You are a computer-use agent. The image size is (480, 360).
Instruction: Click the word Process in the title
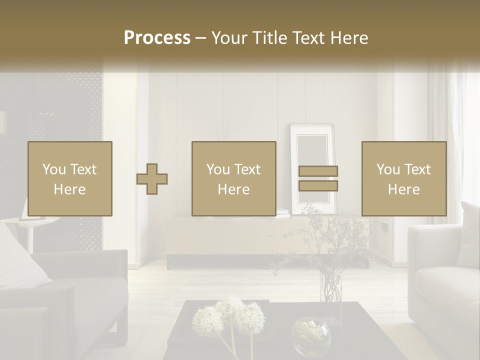[157, 38]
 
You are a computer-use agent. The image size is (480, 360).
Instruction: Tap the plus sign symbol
[152, 179]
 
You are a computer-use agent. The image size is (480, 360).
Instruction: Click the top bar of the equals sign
[318, 171]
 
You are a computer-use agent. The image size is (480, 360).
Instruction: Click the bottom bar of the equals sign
[318, 186]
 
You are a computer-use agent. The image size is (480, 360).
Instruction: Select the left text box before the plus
[69, 179]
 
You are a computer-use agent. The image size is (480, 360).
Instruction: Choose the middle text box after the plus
[233, 179]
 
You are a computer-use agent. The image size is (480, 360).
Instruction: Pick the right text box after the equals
[403, 179]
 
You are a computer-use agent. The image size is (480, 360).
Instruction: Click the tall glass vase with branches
[330, 295]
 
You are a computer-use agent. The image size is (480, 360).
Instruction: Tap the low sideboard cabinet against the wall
[225, 237]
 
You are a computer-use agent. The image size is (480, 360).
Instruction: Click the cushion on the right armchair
[469, 235]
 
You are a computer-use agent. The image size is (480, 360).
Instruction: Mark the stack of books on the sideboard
[283, 213]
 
